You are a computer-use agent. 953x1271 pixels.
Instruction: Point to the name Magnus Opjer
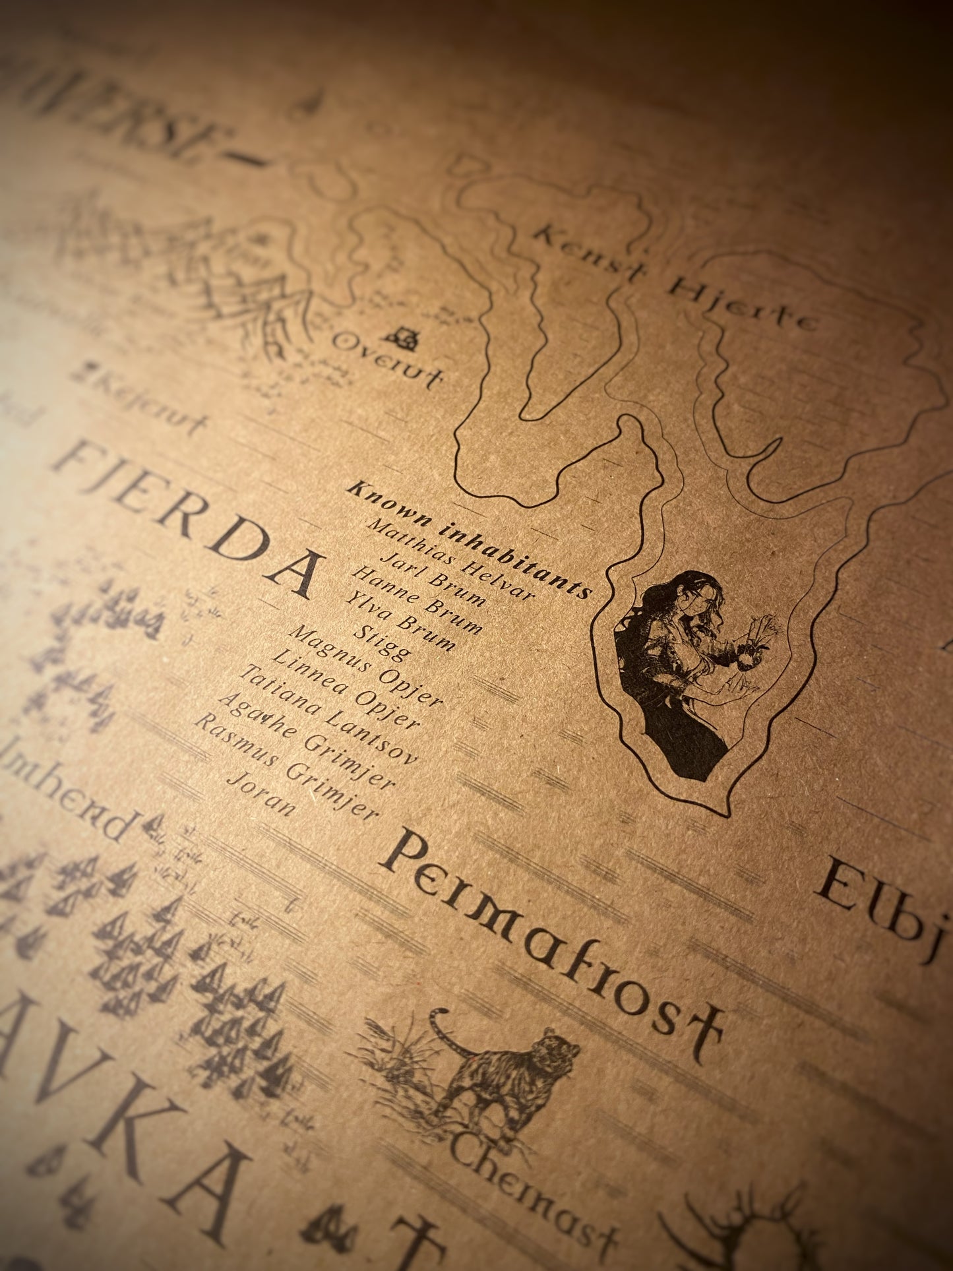pyautogui.click(x=365, y=667)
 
